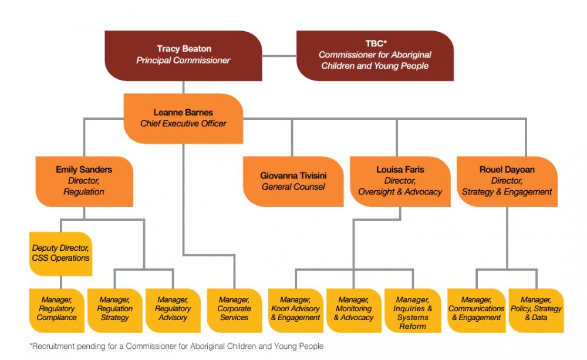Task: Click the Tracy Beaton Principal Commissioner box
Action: (183, 55)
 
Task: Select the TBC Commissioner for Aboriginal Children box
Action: (375, 55)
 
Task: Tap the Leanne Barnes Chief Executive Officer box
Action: (183, 118)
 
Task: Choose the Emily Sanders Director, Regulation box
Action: (84, 181)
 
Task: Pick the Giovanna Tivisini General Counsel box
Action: (293, 181)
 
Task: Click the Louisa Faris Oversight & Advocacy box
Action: (400, 181)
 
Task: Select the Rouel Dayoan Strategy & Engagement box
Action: (507, 181)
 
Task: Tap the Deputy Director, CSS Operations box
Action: (60, 254)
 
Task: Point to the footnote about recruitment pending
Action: (176, 346)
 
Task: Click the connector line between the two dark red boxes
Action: (279, 56)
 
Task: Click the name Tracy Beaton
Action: (184, 49)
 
